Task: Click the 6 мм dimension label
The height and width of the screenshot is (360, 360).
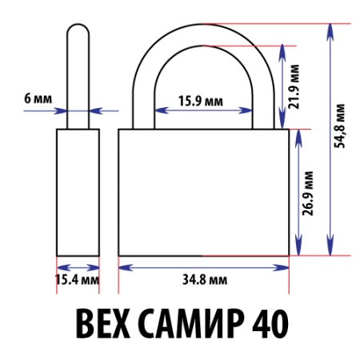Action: [38, 98]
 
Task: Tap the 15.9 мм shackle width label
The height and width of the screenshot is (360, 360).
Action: [201, 102]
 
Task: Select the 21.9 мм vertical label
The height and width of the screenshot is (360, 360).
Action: [294, 86]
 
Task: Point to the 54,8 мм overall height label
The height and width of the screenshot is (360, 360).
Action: [340, 126]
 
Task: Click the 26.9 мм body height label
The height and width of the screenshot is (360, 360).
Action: [308, 193]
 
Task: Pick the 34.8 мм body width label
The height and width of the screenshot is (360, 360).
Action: [205, 280]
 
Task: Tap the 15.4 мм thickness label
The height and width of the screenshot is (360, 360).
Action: [78, 280]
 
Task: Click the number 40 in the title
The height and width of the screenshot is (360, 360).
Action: [270, 323]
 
